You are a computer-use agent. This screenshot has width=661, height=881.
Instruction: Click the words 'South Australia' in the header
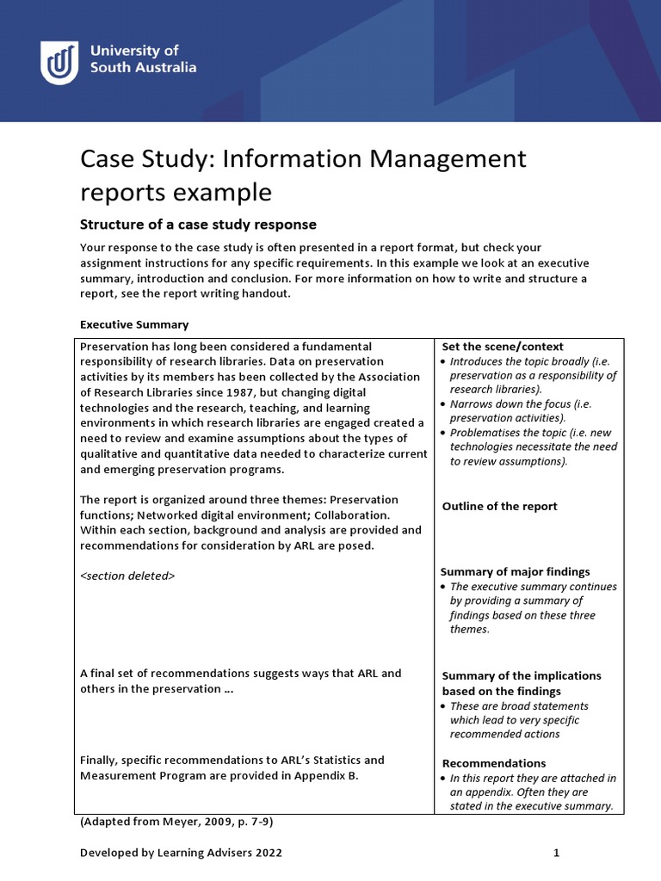(x=144, y=67)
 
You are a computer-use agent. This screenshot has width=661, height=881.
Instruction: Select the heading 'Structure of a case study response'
(x=198, y=225)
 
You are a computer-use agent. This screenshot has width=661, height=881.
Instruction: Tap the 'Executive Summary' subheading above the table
(x=133, y=324)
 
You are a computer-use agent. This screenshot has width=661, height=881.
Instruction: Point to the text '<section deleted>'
(x=127, y=576)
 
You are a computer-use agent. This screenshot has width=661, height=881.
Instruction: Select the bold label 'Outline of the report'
(x=499, y=506)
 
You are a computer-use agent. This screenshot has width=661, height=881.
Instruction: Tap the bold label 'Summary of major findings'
(x=515, y=571)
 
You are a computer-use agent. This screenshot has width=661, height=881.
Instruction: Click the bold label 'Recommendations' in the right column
(x=493, y=763)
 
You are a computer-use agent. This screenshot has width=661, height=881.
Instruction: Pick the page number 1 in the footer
(x=556, y=853)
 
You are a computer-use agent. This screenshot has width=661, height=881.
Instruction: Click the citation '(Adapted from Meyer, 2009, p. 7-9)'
(x=176, y=822)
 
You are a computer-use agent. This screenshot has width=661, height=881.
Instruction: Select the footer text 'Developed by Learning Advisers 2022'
(x=181, y=853)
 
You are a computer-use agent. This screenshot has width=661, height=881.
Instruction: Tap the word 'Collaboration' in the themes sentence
(x=338, y=515)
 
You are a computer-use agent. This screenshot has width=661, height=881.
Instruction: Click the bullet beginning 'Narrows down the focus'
(x=525, y=410)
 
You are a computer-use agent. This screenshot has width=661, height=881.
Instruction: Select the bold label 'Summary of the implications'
(x=522, y=675)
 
